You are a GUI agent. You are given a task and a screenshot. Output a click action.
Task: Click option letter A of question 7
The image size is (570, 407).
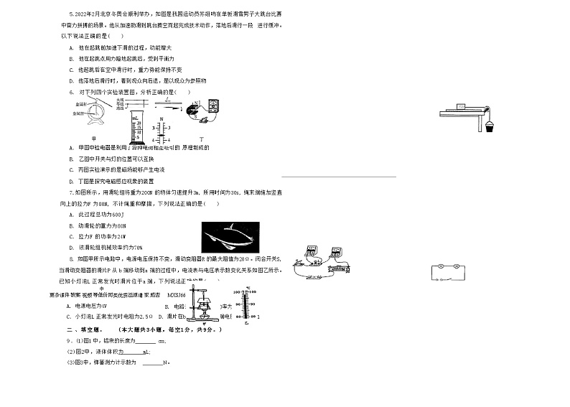pyautogui.click(x=70, y=215)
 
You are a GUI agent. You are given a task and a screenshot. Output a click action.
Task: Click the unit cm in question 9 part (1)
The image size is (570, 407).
pyautogui.click(x=162, y=341)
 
